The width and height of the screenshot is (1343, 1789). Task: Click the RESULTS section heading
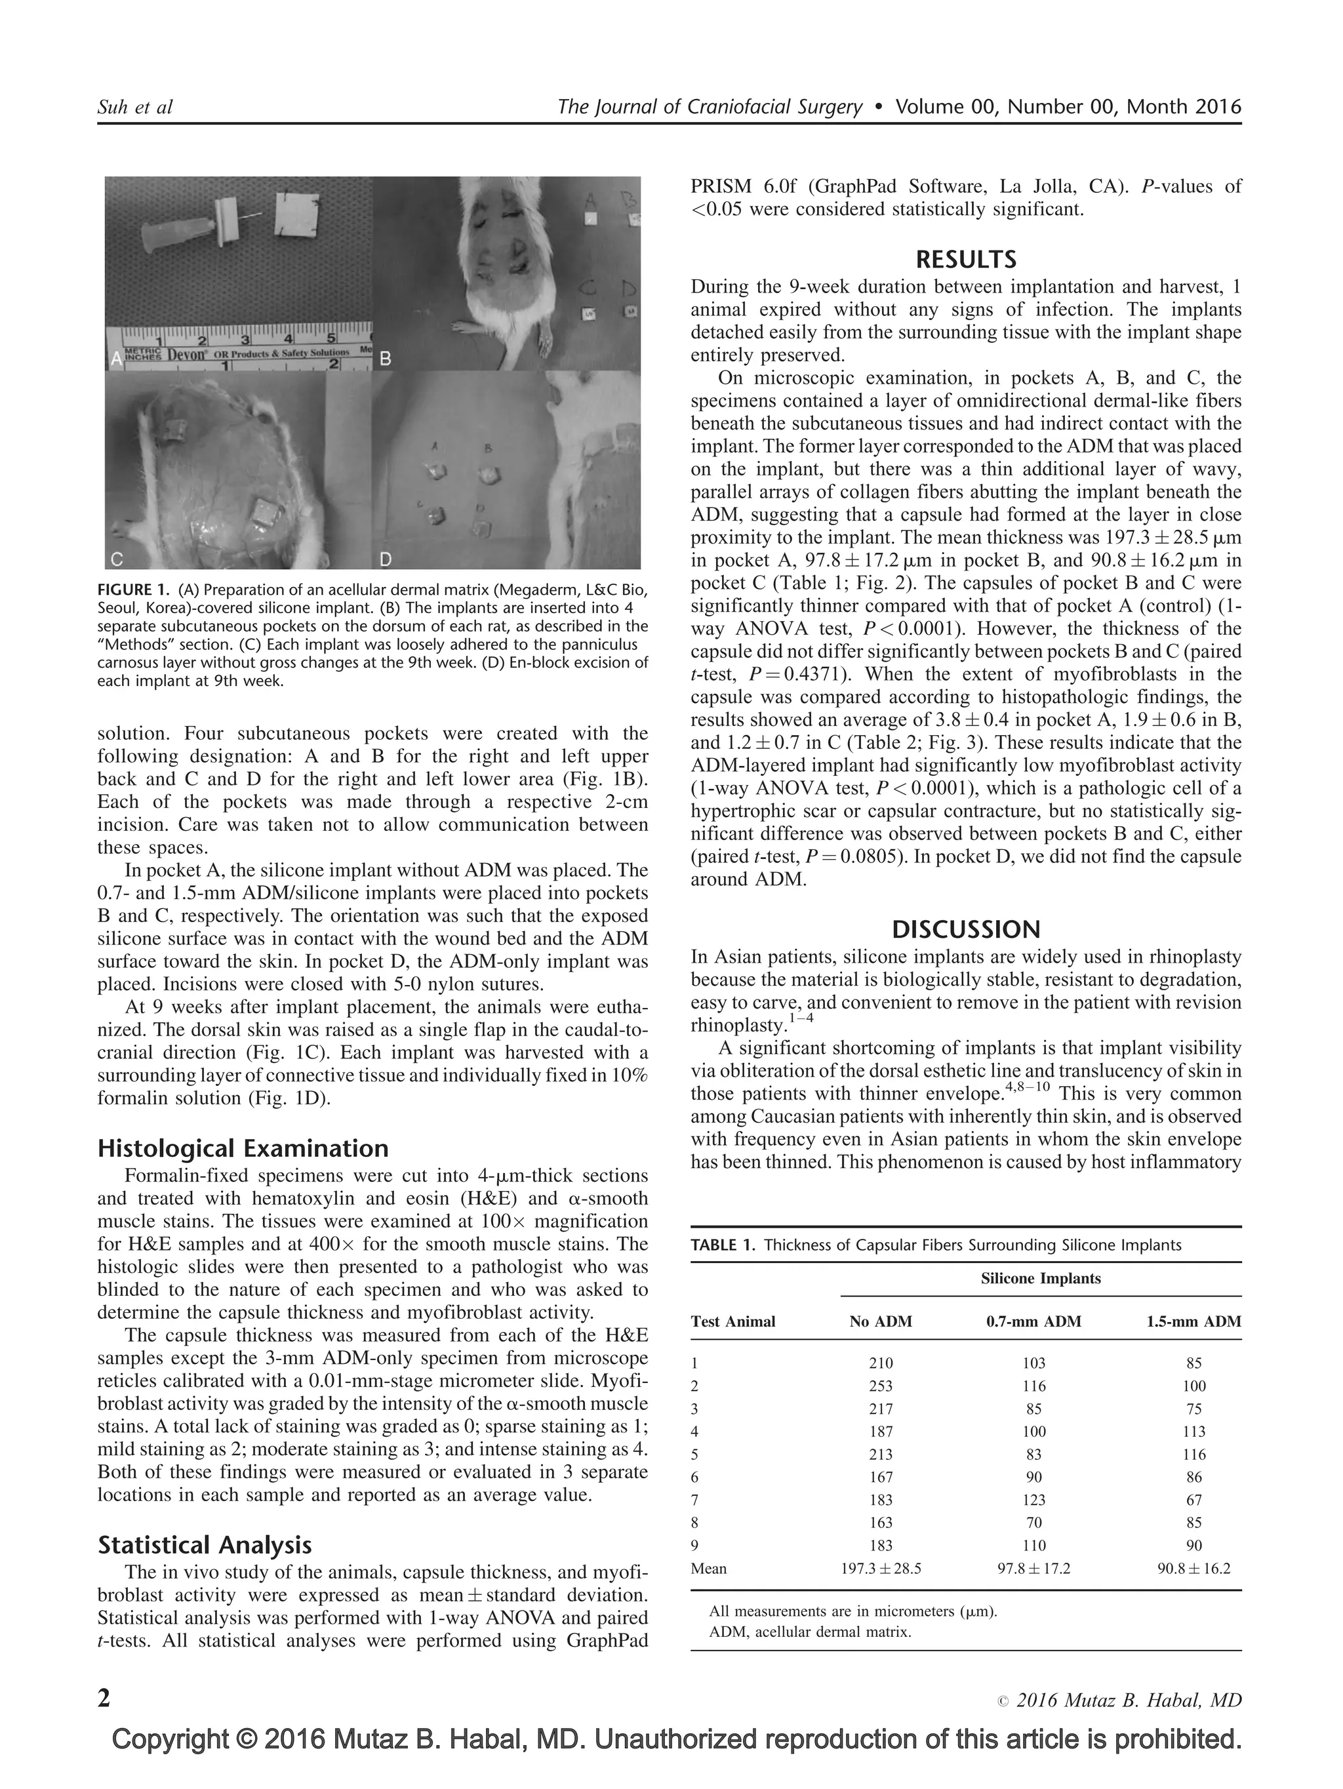tap(965, 260)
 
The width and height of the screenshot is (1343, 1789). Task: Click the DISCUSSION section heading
tap(965, 929)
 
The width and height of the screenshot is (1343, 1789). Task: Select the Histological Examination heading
tap(243, 1148)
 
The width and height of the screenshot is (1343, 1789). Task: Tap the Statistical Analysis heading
tap(204, 1546)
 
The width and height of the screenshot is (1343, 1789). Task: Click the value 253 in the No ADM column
tap(881, 1386)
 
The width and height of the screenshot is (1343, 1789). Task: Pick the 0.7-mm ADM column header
tap(1033, 1321)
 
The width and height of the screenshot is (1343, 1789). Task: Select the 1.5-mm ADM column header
tap(1193, 1321)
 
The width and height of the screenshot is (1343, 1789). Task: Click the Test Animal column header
tap(732, 1321)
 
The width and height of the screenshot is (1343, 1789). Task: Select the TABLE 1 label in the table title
tap(721, 1245)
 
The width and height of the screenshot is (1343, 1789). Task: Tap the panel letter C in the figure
tap(117, 558)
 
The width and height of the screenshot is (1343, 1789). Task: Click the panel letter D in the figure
tap(386, 558)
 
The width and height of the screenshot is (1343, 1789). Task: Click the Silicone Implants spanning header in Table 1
tap(1040, 1279)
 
